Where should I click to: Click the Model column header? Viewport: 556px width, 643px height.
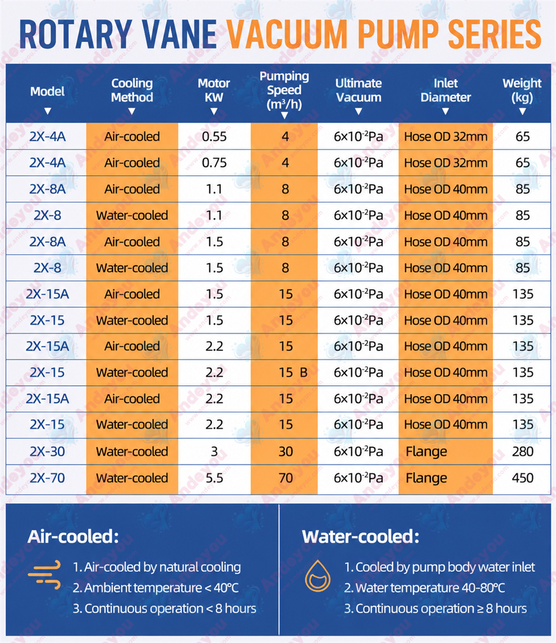click(47, 92)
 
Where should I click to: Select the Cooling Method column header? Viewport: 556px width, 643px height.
click(132, 90)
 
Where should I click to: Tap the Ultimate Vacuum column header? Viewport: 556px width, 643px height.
click(359, 90)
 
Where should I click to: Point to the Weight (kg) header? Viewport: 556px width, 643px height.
click(522, 90)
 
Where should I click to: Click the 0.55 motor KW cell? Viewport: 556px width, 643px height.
click(214, 137)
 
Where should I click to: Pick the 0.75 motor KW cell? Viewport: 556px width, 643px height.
click(214, 163)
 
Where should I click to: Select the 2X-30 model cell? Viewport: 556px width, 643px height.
click(47, 451)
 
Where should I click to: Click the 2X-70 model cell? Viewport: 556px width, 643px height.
click(47, 478)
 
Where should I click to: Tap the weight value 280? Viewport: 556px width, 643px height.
click(523, 451)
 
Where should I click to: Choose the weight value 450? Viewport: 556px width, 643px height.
click(523, 478)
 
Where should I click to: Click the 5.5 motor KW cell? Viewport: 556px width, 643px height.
click(214, 478)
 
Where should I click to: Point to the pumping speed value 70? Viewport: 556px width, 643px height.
click(286, 478)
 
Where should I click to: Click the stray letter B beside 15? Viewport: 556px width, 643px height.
click(304, 373)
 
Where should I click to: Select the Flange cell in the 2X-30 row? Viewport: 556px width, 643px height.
click(426, 451)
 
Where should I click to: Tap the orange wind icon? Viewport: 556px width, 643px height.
click(44, 575)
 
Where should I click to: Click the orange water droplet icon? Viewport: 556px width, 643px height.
click(317, 576)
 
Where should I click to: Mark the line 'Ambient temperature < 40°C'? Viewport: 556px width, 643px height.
click(156, 587)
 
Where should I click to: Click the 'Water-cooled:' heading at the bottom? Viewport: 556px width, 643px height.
click(360, 536)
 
